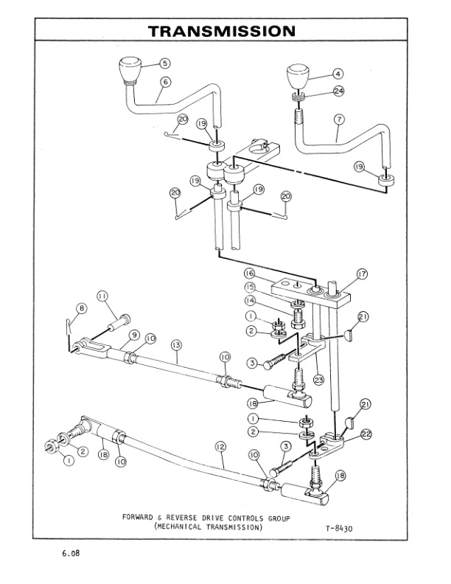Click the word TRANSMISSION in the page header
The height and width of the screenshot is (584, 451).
222,31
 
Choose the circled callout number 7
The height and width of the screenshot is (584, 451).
338,118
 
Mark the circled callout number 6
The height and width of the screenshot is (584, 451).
164,82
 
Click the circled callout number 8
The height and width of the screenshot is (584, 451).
82,307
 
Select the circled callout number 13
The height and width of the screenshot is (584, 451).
175,344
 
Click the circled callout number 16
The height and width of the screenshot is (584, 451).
250,273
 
